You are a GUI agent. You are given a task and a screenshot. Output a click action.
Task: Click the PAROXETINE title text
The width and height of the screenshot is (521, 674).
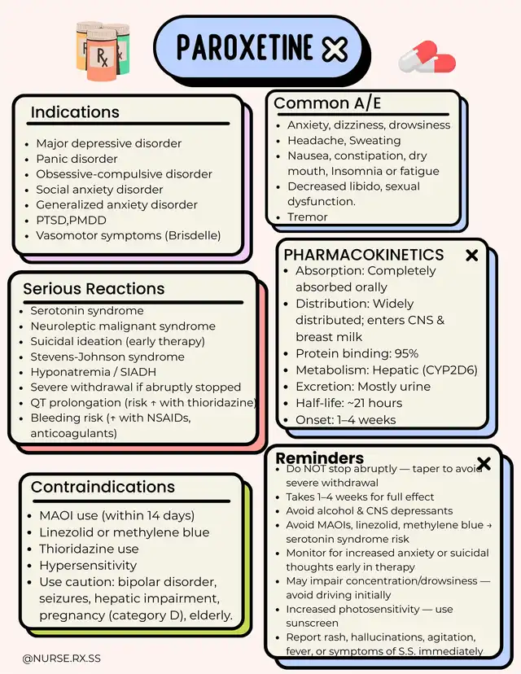coord(244,48)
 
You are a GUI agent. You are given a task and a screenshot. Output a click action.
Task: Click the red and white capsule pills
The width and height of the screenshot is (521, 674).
coord(427,59)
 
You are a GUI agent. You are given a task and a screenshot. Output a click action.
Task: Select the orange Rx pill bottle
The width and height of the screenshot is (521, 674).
coord(102,57)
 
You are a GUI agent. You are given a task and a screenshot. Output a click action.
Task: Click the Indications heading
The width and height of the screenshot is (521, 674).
coord(75,112)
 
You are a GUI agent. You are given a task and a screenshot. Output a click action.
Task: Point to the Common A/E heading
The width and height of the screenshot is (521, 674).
coord(327,103)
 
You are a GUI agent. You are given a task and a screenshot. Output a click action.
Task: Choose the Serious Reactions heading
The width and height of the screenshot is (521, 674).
coord(94,289)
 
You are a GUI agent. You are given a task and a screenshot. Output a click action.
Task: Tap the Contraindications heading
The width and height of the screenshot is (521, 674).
coord(103,488)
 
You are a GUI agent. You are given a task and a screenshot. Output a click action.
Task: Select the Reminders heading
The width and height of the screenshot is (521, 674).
coord(320,458)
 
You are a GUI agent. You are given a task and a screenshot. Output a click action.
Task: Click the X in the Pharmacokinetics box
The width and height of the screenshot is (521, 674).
coord(471,256)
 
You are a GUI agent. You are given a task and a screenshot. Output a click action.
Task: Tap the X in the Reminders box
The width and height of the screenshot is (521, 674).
coord(484,464)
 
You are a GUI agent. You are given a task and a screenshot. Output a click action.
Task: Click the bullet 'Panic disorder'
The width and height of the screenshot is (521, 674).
coord(77,159)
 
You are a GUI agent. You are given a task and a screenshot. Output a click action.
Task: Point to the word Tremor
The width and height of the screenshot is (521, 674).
coord(308,217)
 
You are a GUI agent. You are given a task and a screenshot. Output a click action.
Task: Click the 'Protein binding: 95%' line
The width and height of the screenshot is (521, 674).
coord(357,353)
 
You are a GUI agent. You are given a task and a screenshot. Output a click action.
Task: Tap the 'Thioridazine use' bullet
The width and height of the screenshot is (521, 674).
coord(89,549)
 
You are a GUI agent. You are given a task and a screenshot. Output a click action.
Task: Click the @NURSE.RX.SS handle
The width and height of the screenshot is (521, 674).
coord(62,656)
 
